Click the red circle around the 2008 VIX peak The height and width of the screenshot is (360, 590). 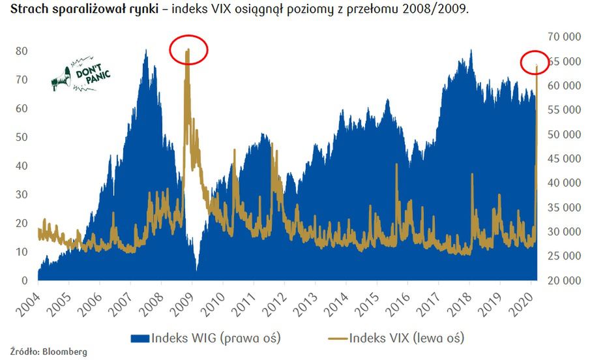click(x=188, y=50)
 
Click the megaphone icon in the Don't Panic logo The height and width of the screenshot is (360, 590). click(x=61, y=78)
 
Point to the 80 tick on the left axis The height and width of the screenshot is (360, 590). click(x=22, y=51)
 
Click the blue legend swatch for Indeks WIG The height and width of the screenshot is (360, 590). click(x=140, y=338)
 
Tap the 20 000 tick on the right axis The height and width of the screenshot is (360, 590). click(x=562, y=281)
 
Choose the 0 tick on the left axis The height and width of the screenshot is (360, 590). click(x=25, y=281)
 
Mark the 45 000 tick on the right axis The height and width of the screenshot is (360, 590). click(x=562, y=159)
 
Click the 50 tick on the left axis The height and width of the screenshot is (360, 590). click(x=22, y=137)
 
